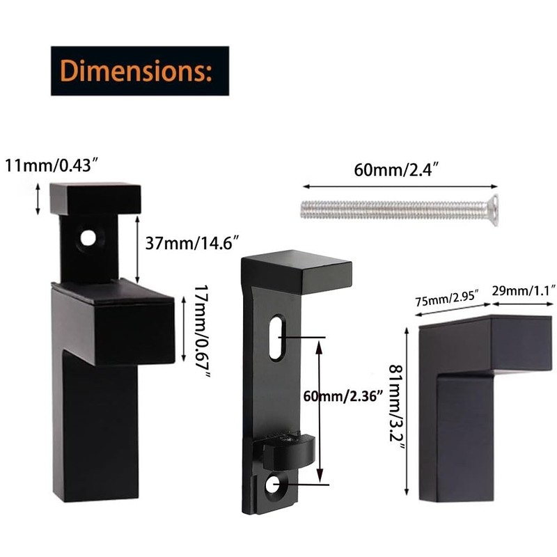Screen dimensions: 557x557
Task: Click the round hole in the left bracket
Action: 87,238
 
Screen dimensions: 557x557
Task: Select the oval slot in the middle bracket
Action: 276,338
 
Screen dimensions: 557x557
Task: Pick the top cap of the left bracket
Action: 95,198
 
